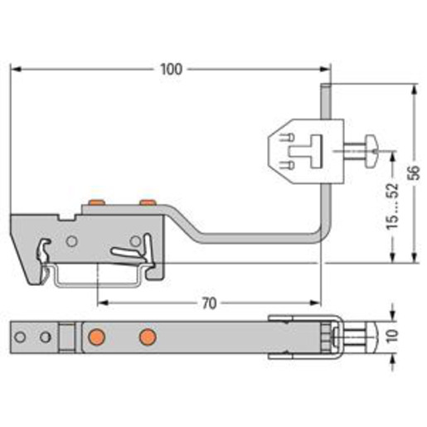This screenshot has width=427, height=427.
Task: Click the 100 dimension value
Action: [x=172, y=70]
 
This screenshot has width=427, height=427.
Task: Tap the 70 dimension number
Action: [x=209, y=303]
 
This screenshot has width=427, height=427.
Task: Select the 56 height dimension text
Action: [x=414, y=172]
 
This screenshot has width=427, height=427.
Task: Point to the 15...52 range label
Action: [x=392, y=206]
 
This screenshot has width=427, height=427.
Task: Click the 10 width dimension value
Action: [x=392, y=336]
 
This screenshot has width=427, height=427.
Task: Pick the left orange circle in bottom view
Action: [x=96, y=337]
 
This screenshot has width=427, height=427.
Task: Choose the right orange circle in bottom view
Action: [x=148, y=337]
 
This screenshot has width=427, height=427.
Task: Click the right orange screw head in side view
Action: [x=148, y=202]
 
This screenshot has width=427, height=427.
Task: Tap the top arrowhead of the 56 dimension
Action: [x=414, y=89]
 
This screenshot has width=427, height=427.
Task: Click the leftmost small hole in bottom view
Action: [x=20, y=337]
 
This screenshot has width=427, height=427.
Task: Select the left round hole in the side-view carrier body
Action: [x=72, y=241]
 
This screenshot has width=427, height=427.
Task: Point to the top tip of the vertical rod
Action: [x=325, y=84]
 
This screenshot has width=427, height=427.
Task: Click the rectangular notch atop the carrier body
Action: [x=67, y=217]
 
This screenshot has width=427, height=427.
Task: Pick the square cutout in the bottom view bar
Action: [x=67, y=337]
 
